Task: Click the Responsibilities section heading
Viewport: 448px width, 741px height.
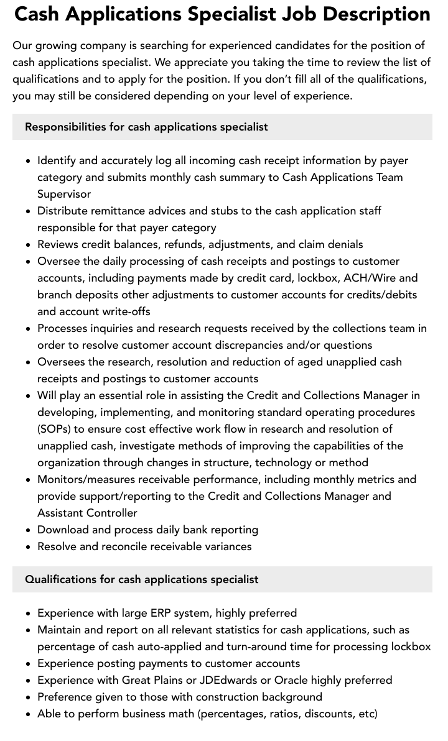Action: tap(146, 127)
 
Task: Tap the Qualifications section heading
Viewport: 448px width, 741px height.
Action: tap(141, 579)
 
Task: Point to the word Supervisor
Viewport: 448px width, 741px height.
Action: tap(64, 194)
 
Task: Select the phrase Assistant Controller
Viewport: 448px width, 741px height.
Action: tap(87, 513)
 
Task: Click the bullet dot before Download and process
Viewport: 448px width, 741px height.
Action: tap(29, 530)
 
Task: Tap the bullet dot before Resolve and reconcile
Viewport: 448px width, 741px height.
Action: tap(29, 547)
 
